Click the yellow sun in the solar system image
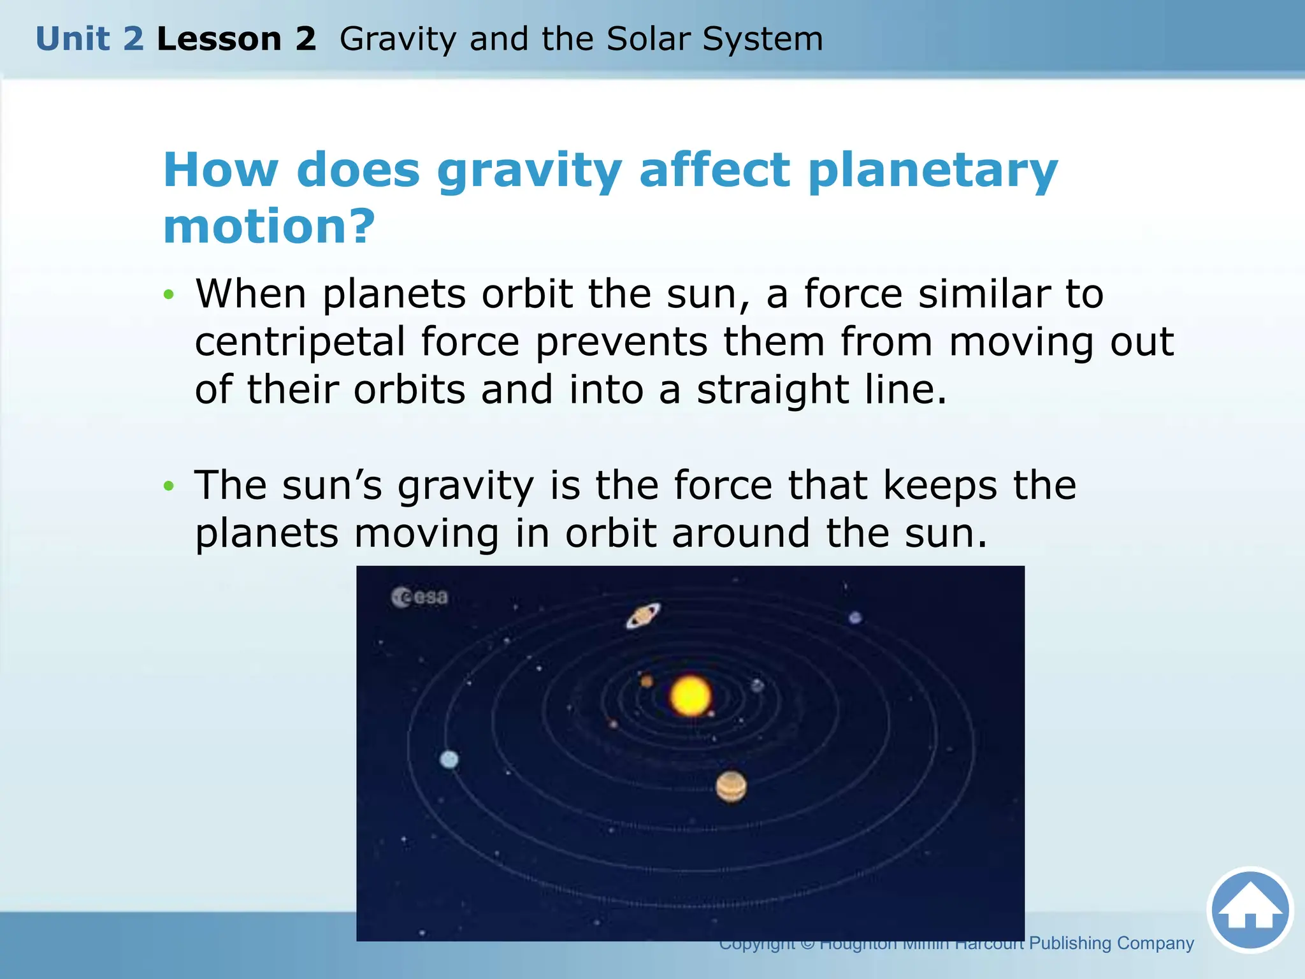click(x=690, y=696)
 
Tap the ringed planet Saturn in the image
click(x=643, y=616)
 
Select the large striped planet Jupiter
click(x=731, y=787)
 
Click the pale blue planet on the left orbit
click(x=449, y=759)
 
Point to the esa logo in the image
click(x=419, y=597)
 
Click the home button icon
click(x=1250, y=910)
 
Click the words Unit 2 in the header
click(x=90, y=39)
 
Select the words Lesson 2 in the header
click(x=236, y=39)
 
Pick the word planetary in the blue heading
click(x=932, y=172)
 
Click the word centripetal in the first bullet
click(x=300, y=343)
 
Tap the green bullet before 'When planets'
click(x=168, y=294)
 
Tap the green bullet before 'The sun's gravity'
click(x=168, y=486)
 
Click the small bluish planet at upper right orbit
click(x=855, y=617)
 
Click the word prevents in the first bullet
click(x=621, y=343)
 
